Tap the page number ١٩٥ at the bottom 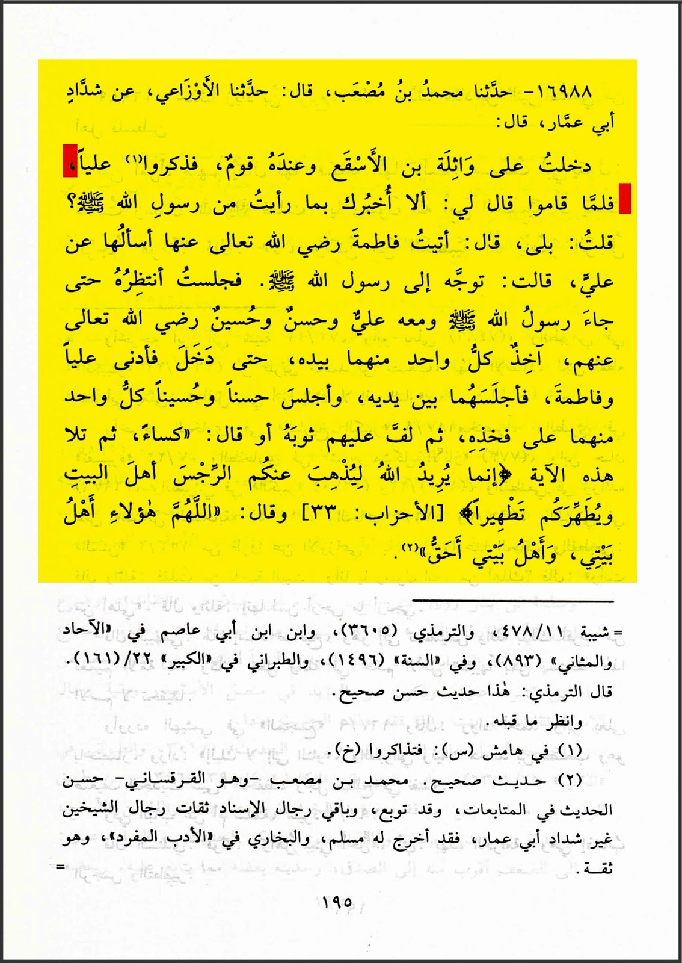click(x=337, y=903)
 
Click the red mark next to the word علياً click(x=70, y=161)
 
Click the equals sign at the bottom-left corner click(x=60, y=867)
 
